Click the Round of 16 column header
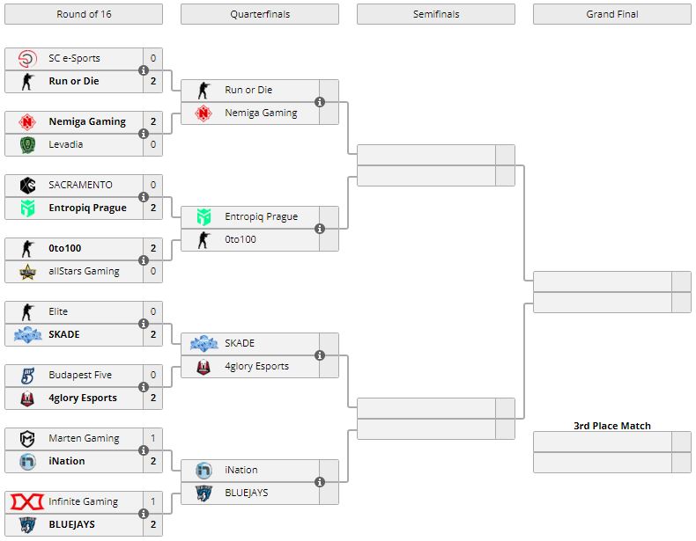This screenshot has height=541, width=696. (83, 14)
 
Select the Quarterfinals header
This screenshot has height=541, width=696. (260, 14)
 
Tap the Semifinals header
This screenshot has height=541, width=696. (435, 14)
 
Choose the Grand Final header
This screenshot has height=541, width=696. (612, 14)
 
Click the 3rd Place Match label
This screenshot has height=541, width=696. (612, 426)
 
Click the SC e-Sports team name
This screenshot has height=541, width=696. (74, 58)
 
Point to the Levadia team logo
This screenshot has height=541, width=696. (27, 145)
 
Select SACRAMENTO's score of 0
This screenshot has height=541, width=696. (152, 185)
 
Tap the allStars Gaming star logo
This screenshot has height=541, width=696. (27, 272)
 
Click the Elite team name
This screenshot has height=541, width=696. (58, 311)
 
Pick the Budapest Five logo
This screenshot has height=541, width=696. (27, 376)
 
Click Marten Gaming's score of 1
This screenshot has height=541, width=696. (152, 438)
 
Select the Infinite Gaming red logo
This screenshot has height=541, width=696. (27, 502)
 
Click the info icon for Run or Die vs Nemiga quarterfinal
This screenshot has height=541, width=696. (320, 102)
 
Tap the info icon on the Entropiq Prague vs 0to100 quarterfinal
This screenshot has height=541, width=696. (320, 229)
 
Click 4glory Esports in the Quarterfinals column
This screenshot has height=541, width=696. (256, 366)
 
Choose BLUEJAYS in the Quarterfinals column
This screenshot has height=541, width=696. (246, 493)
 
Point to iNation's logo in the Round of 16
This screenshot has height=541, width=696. (27, 461)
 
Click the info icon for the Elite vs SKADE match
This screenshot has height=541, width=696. (144, 324)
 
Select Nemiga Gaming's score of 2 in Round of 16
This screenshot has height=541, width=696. (152, 121)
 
